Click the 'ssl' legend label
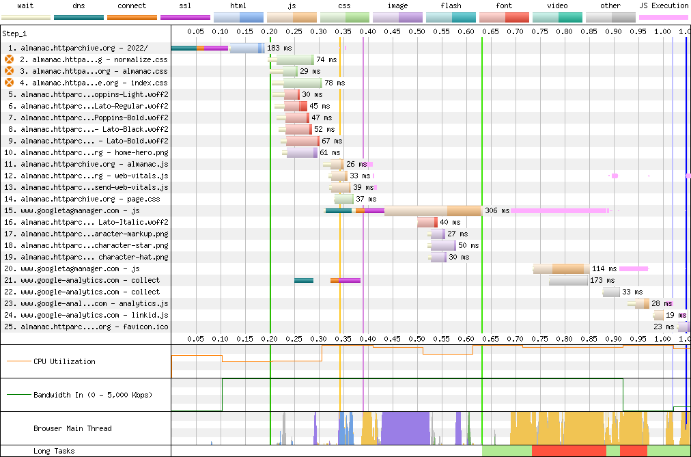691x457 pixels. (x=185, y=5)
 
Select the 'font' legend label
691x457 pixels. (x=504, y=5)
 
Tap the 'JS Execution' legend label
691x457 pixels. (x=664, y=5)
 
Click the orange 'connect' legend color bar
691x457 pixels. (x=132, y=18)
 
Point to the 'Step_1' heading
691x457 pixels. (x=14, y=33)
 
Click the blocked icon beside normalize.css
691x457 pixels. (x=10, y=59)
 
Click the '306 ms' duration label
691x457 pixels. (x=497, y=210)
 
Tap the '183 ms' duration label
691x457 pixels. (x=279, y=48)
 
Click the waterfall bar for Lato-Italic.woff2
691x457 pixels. (x=427, y=222)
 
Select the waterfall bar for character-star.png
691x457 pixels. (x=442, y=245)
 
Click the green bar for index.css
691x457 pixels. (x=302, y=83)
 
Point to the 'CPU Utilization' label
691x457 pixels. (x=64, y=361)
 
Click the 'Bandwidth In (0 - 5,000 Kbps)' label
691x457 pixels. (x=93, y=395)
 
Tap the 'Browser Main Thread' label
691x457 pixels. (x=72, y=428)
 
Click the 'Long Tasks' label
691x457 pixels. (x=54, y=451)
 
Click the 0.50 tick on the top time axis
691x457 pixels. (x=417, y=31)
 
